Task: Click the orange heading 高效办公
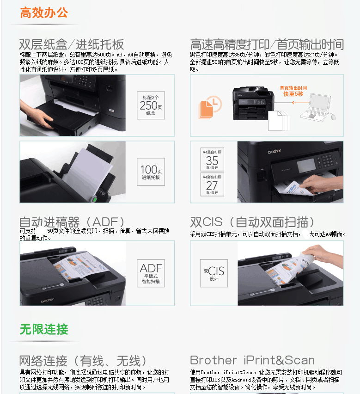[44, 12]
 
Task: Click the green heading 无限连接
[44, 329]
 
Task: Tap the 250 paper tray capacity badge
[151, 105]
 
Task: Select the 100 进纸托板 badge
[151, 172]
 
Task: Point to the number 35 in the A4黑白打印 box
[212, 160]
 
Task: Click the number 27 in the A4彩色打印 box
[212, 186]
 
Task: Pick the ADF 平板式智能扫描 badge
[151, 273]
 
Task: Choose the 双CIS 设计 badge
[214, 273]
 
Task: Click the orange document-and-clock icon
[210, 107]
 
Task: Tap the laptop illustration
[316, 107]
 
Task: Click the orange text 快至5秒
[293, 94]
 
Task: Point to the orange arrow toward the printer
[300, 103]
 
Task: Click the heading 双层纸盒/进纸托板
[71, 44]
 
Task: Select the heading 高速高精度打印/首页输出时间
[267, 44]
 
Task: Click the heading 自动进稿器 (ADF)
[72, 222]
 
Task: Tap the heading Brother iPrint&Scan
[252, 360]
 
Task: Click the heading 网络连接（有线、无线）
[83, 361]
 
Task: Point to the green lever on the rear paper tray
[95, 199]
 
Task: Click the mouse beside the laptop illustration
[333, 117]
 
